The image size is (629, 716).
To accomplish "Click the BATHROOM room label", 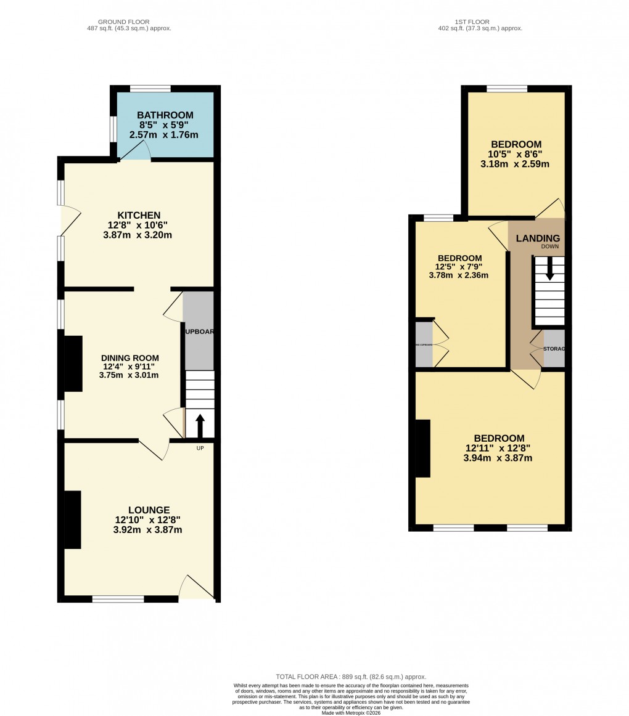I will [x=165, y=115].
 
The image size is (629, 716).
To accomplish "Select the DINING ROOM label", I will [x=129, y=357].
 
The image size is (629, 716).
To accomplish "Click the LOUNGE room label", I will [x=149, y=510].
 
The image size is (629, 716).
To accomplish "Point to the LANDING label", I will [x=538, y=238].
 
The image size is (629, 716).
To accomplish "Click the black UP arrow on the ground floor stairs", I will [x=200, y=425].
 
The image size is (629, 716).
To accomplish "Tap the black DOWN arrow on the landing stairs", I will [x=549, y=268].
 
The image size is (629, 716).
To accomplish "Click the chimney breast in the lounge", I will [x=72, y=519].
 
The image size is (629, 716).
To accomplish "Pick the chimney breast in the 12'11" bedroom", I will [x=422, y=448].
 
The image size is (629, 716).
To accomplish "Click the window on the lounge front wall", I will [x=118, y=598].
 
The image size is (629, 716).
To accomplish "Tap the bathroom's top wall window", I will [x=150, y=89].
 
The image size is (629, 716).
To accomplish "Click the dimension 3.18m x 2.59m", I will [x=516, y=164].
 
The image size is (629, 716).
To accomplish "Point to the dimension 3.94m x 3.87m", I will [x=498, y=458].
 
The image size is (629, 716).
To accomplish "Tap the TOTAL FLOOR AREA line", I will [x=351, y=677].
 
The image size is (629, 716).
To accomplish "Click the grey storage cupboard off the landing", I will [x=554, y=349].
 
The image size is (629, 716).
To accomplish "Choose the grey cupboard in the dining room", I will [x=199, y=330].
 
